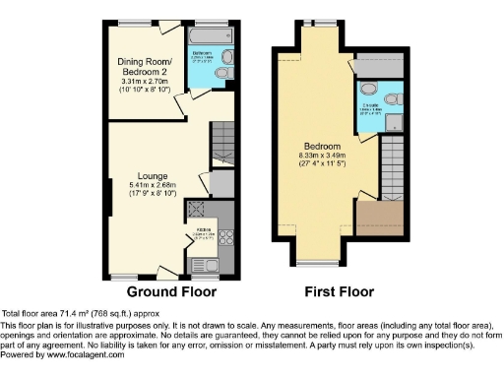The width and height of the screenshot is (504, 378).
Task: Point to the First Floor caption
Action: [339, 291]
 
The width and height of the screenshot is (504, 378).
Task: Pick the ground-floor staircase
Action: [222, 134]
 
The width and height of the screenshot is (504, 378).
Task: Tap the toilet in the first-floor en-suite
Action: [394, 97]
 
